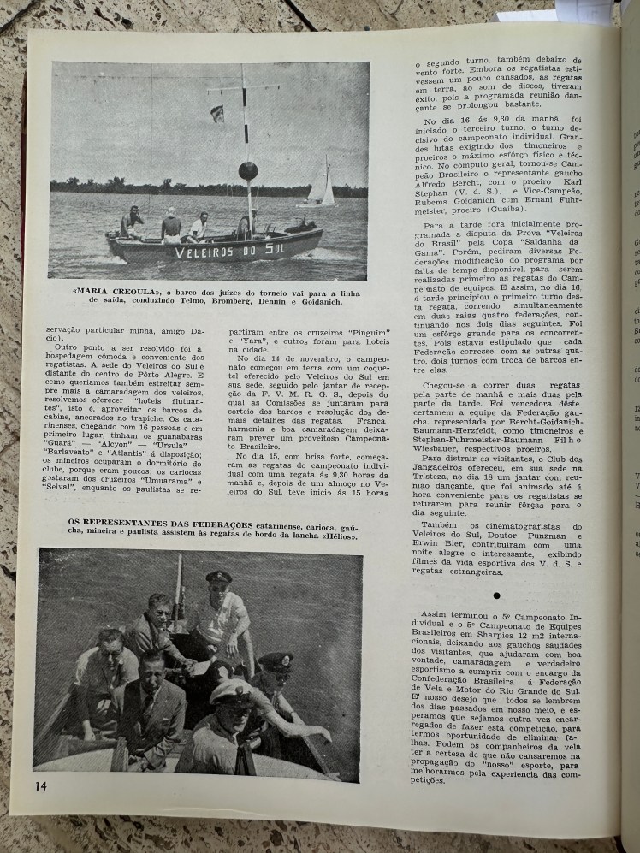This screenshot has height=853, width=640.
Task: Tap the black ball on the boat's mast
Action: [247, 170]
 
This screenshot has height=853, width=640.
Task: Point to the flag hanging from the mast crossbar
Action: [217, 112]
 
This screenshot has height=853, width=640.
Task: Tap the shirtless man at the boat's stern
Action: [132, 222]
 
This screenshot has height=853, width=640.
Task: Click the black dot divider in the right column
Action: [496, 594]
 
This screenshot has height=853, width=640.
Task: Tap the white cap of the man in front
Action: [230, 690]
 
